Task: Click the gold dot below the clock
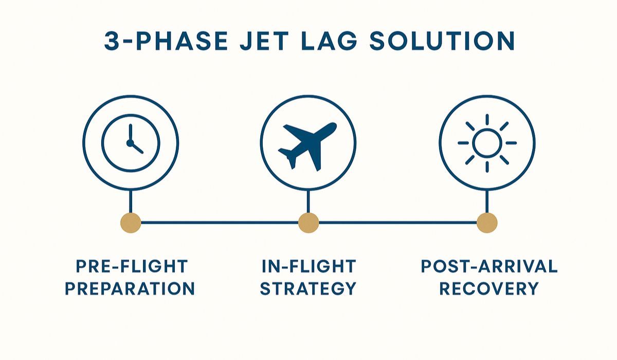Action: (131, 223)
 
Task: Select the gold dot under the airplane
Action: (308, 223)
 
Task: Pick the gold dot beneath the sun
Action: (486, 223)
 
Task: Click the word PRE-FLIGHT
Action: (131, 266)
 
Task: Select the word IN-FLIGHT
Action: (308, 266)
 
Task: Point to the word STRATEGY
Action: (308, 289)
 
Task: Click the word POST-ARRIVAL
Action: (489, 266)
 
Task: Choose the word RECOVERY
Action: (489, 289)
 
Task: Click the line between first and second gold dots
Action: (219, 223)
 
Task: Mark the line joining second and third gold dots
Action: (397, 223)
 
